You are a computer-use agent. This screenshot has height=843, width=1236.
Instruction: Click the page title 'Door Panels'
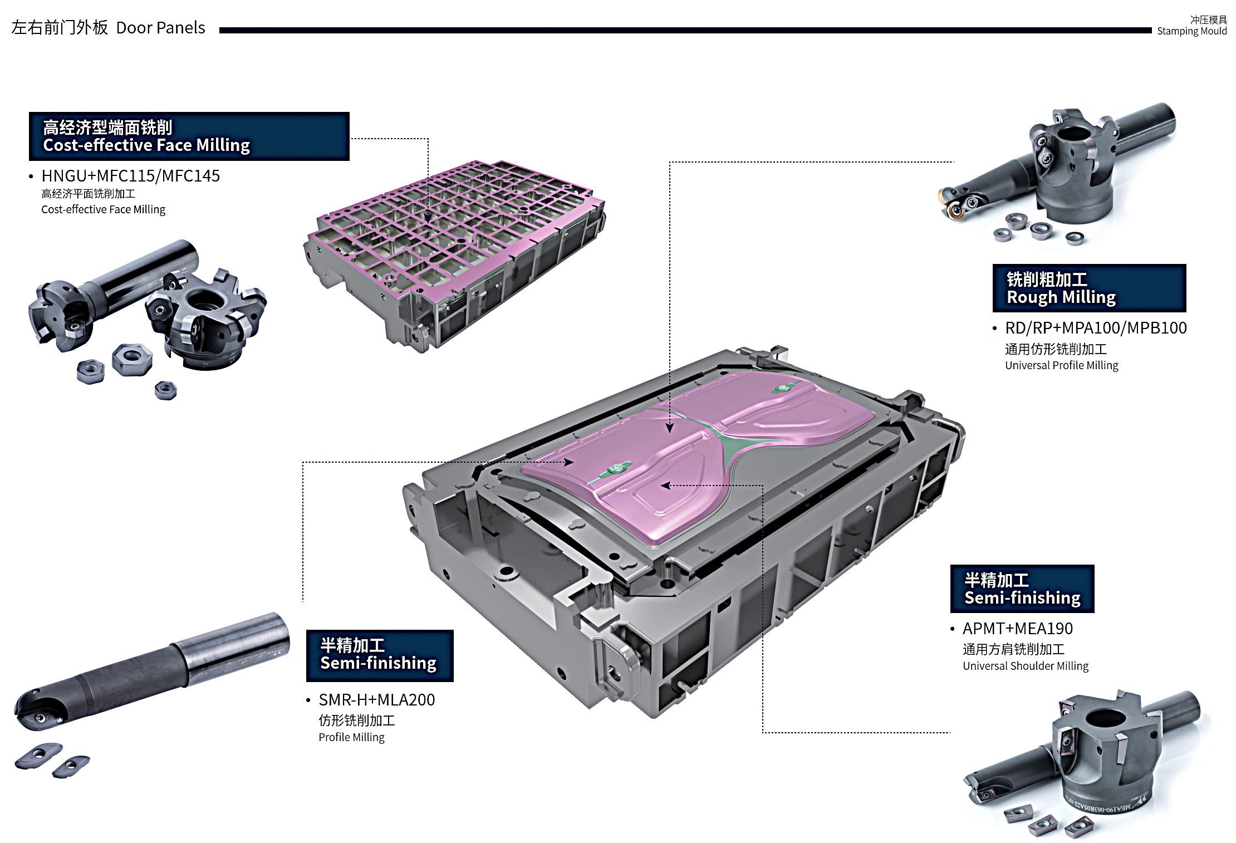click(x=160, y=28)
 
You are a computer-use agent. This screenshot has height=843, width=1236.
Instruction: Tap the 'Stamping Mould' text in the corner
click(x=1191, y=31)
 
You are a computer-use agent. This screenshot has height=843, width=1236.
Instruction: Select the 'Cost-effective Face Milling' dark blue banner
click(x=189, y=136)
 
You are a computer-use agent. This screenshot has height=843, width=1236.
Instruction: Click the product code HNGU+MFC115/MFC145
click(x=130, y=176)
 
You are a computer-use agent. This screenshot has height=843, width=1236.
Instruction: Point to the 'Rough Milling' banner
click(x=1088, y=288)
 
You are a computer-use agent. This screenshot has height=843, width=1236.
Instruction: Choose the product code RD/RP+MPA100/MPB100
click(x=1095, y=328)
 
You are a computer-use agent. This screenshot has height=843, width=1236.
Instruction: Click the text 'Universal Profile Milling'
click(x=1061, y=365)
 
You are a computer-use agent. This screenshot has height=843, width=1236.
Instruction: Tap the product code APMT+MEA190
click(x=1017, y=629)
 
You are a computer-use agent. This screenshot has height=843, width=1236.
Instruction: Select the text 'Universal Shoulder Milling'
click(x=1025, y=666)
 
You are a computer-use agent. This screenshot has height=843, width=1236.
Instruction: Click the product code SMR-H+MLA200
click(x=376, y=700)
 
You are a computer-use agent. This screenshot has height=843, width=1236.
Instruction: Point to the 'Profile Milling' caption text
click(x=351, y=737)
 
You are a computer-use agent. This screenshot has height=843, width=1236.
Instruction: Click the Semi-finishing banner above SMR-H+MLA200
click(x=380, y=655)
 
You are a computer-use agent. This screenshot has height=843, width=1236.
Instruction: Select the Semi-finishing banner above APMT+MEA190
click(x=1022, y=589)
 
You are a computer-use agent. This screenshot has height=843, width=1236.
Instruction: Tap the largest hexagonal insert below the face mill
click(x=132, y=359)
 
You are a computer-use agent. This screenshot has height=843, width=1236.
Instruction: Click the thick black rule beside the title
click(x=685, y=31)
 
